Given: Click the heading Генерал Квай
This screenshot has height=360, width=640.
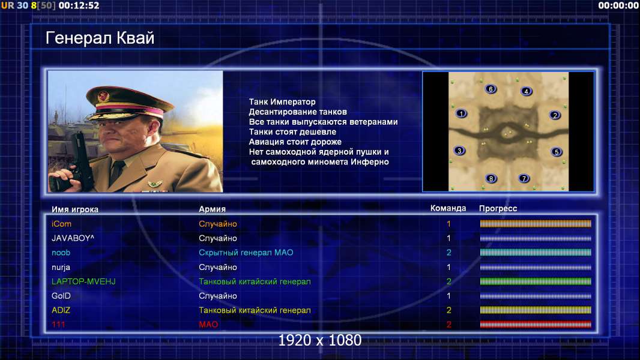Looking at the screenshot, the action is [x=100, y=38].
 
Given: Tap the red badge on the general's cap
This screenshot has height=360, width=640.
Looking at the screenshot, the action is [x=104, y=97].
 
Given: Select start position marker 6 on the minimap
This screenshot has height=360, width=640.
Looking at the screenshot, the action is [x=491, y=89].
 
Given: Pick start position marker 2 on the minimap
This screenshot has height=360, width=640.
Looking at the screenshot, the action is [x=555, y=115].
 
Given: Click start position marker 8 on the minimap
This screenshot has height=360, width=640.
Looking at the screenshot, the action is [x=491, y=178].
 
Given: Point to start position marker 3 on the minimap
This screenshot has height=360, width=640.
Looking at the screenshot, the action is [x=459, y=151].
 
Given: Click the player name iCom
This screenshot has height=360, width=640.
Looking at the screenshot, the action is [x=61, y=224].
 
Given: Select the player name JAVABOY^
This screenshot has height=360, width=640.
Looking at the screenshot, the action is [x=73, y=238].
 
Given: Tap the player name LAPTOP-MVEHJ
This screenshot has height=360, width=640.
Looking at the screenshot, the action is [x=83, y=281].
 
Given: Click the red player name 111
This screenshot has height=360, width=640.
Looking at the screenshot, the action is [x=58, y=325].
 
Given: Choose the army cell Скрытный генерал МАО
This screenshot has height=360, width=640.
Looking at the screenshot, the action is [x=246, y=253].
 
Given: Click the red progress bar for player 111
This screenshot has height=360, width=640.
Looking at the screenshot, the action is [x=536, y=325].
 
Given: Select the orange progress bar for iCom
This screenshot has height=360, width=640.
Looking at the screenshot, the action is [x=536, y=223].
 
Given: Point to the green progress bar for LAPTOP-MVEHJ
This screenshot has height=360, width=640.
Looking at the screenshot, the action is [x=536, y=281].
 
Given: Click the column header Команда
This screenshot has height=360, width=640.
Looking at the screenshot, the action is [x=448, y=208].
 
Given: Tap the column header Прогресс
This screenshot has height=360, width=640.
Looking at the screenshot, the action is [x=498, y=209].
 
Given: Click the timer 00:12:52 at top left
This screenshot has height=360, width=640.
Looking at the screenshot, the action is [x=79, y=5].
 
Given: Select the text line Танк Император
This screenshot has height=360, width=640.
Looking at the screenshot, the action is [x=282, y=102].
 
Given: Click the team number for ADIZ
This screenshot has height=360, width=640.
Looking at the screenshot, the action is [x=448, y=310].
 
